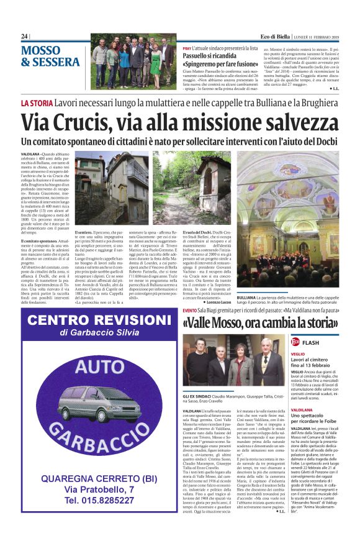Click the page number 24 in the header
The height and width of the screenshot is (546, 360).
coord(25,37)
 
